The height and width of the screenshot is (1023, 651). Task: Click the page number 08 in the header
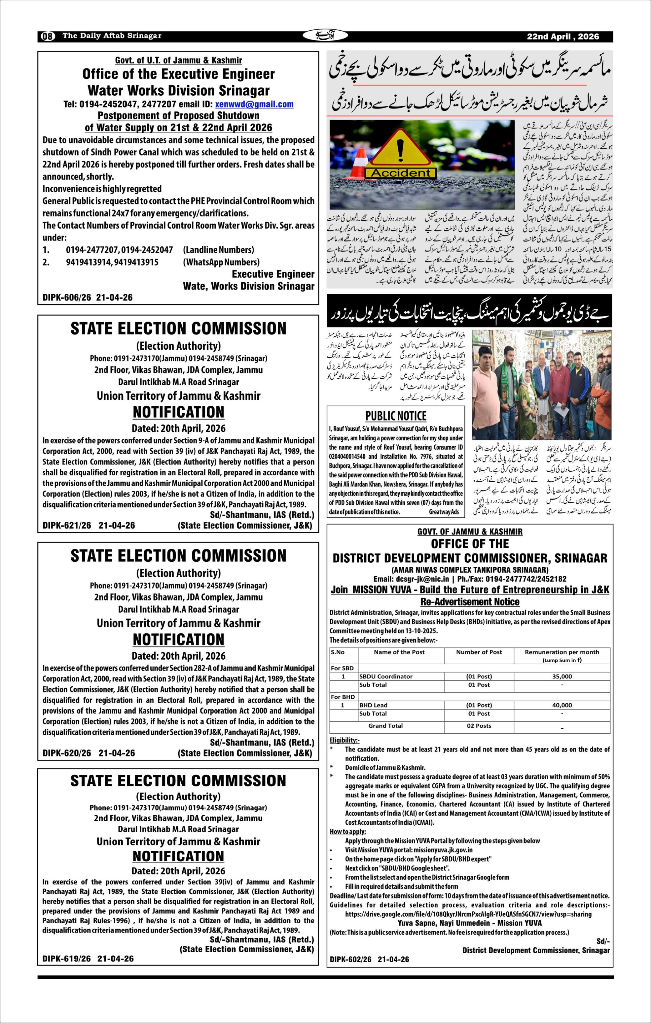point(48,37)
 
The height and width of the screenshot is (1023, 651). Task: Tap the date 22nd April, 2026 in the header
point(563,37)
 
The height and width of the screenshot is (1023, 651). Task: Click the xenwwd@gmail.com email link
point(254,104)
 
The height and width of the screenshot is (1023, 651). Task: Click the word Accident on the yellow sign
point(401,173)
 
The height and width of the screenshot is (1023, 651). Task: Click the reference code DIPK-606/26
point(67,297)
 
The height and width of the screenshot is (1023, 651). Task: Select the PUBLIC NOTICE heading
point(396,416)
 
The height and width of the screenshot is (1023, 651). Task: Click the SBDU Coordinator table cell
point(386,676)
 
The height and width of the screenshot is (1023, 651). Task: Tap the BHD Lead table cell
point(373,705)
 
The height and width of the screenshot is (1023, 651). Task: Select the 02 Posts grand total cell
point(479,726)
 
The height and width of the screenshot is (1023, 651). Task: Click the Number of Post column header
point(479,652)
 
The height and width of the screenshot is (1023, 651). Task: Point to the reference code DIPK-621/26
point(67,525)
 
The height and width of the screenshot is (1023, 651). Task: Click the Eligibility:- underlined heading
point(344,740)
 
